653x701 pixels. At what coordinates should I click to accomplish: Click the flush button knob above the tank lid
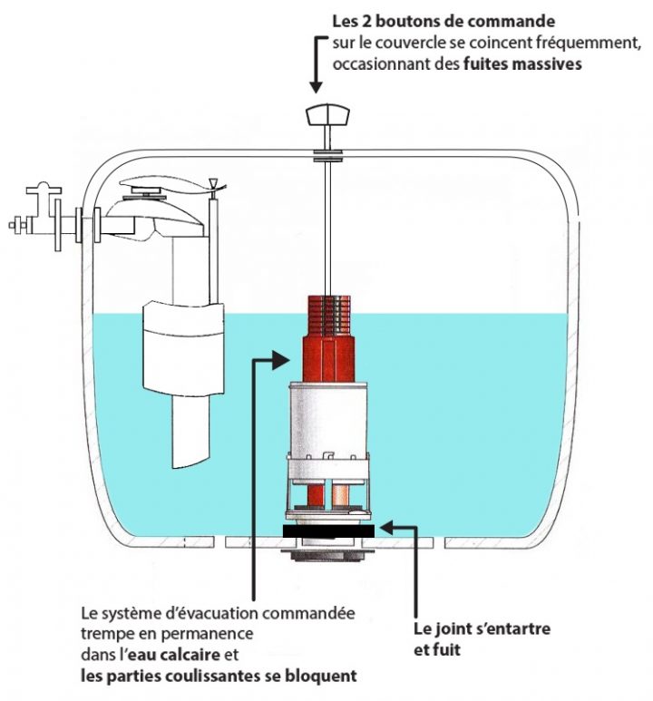(x=327, y=116)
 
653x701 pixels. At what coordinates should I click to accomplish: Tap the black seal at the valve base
(x=327, y=531)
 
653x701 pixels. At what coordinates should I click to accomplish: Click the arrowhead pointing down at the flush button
(x=316, y=86)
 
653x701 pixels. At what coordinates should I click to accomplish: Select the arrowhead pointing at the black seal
(x=385, y=524)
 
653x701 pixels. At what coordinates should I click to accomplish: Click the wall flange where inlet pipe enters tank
(x=87, y=224)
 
